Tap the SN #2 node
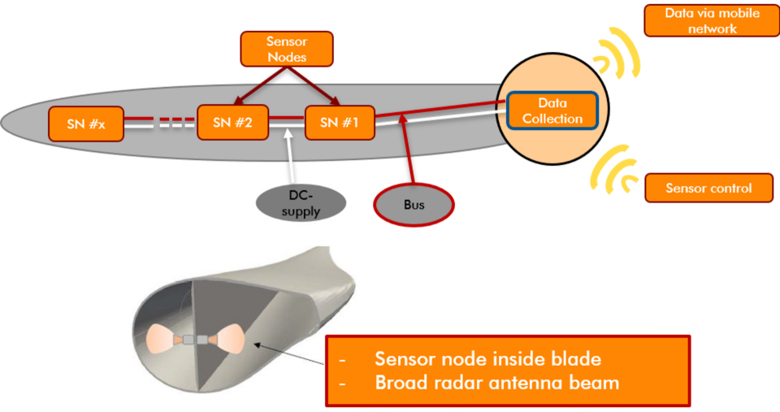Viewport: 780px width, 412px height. coord(232,123)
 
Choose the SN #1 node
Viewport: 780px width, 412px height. coord(340,123)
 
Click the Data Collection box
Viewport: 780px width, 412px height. coord(552,111)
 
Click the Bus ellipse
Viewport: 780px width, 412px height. coord(414,205)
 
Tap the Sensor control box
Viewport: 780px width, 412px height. coord(708,189)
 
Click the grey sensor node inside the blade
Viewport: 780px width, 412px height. coord(195,339)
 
